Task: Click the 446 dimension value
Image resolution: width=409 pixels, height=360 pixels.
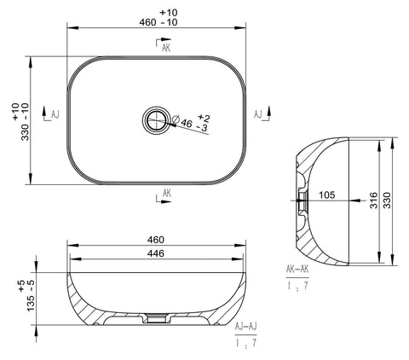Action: point(156,253)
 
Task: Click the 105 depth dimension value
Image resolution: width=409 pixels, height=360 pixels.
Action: point(327,195)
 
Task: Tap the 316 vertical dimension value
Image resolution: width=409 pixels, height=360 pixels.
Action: point(374,200)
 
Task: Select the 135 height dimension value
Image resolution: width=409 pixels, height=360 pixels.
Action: point(31,303)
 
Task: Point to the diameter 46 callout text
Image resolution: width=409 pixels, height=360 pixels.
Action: point(182,122)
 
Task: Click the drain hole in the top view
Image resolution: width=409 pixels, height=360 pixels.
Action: point(155,120)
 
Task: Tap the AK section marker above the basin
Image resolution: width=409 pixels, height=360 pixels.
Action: point(164,45)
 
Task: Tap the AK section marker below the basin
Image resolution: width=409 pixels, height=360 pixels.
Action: point(164,196)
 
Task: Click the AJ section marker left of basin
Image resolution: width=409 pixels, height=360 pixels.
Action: point(51,113)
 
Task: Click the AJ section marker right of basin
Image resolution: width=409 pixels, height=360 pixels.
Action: point(262,113)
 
